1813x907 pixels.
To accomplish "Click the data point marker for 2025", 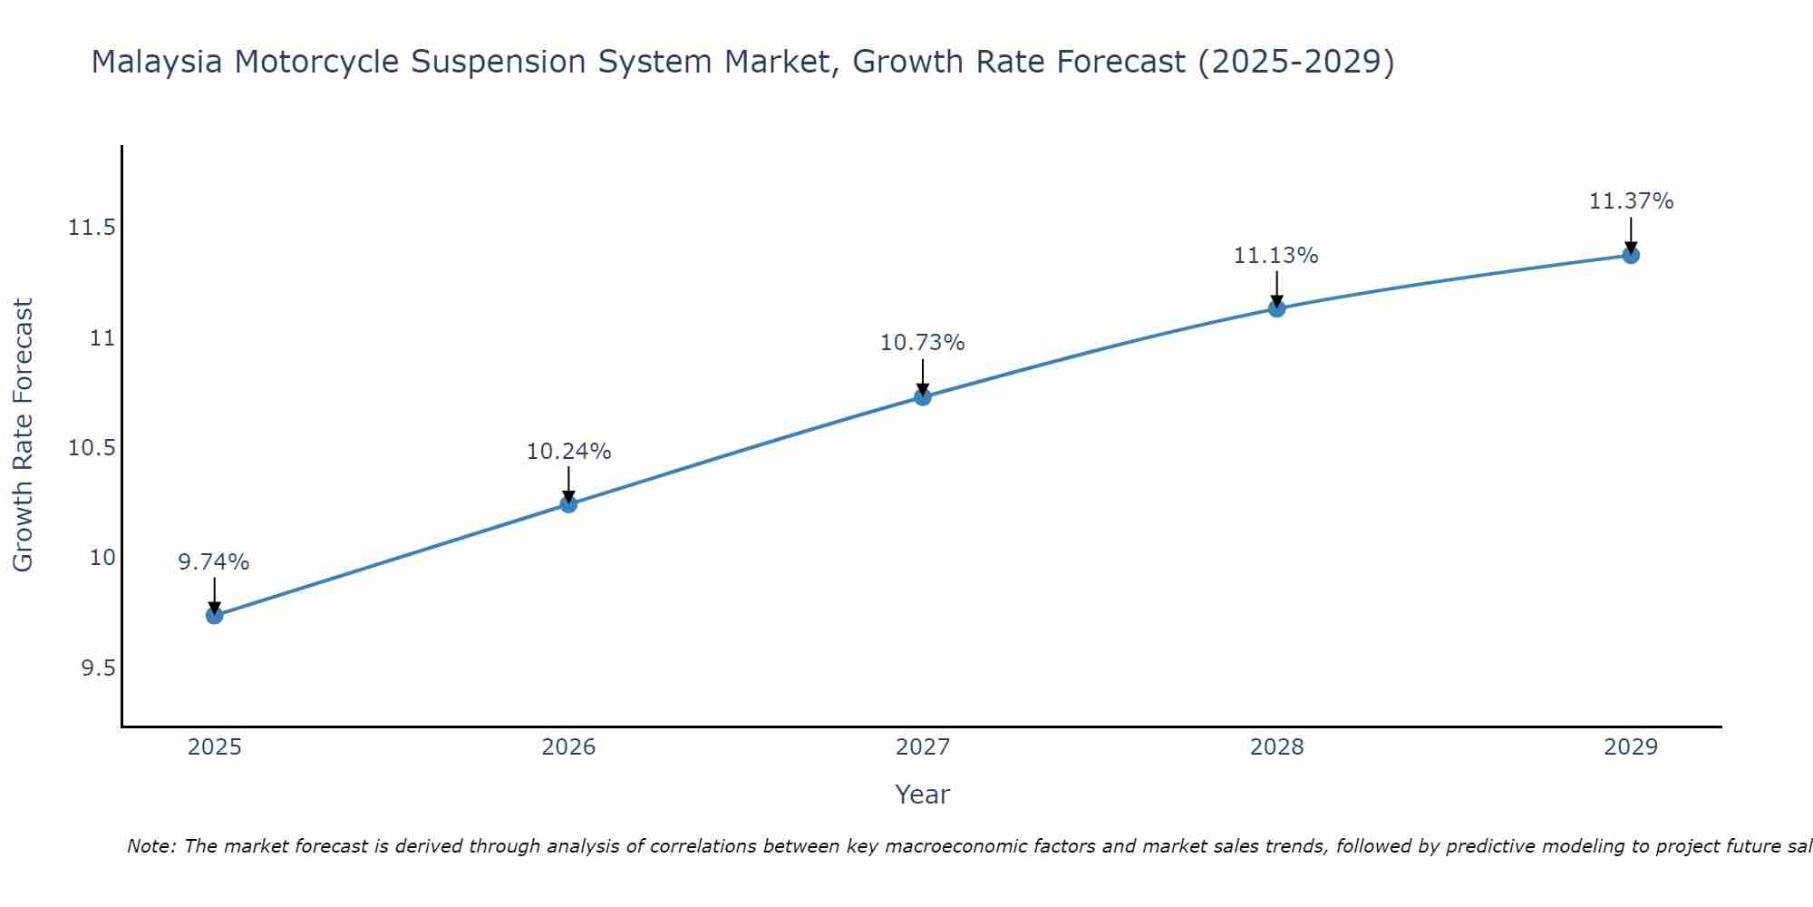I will coord(215,616).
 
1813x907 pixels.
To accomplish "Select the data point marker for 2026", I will coord(568,504).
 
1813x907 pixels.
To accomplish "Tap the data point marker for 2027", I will coord(923,396).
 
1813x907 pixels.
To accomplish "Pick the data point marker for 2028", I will coord(1276,308).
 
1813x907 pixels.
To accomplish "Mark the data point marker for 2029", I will coord(1630,255).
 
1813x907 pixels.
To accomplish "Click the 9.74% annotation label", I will coord(214,562).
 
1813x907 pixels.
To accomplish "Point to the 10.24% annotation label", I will coord(568,452).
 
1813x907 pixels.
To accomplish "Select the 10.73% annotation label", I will coord(923,343).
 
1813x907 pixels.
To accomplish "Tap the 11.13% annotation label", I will coord(1276,256).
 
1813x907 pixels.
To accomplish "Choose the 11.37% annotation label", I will coord(1630,201).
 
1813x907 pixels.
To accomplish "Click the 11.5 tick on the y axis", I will coord(92,228).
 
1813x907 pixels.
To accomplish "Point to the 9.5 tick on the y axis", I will coord(98,668).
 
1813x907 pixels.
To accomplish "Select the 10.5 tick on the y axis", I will coord(92,448).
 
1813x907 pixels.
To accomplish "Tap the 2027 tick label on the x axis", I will coord(923,747).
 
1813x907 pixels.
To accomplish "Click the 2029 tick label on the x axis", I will coord(1630,747).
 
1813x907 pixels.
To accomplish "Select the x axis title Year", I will coord(923,795).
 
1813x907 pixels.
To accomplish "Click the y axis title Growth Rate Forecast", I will coord(24,435).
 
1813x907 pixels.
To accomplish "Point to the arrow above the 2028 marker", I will coord(1276,288).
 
